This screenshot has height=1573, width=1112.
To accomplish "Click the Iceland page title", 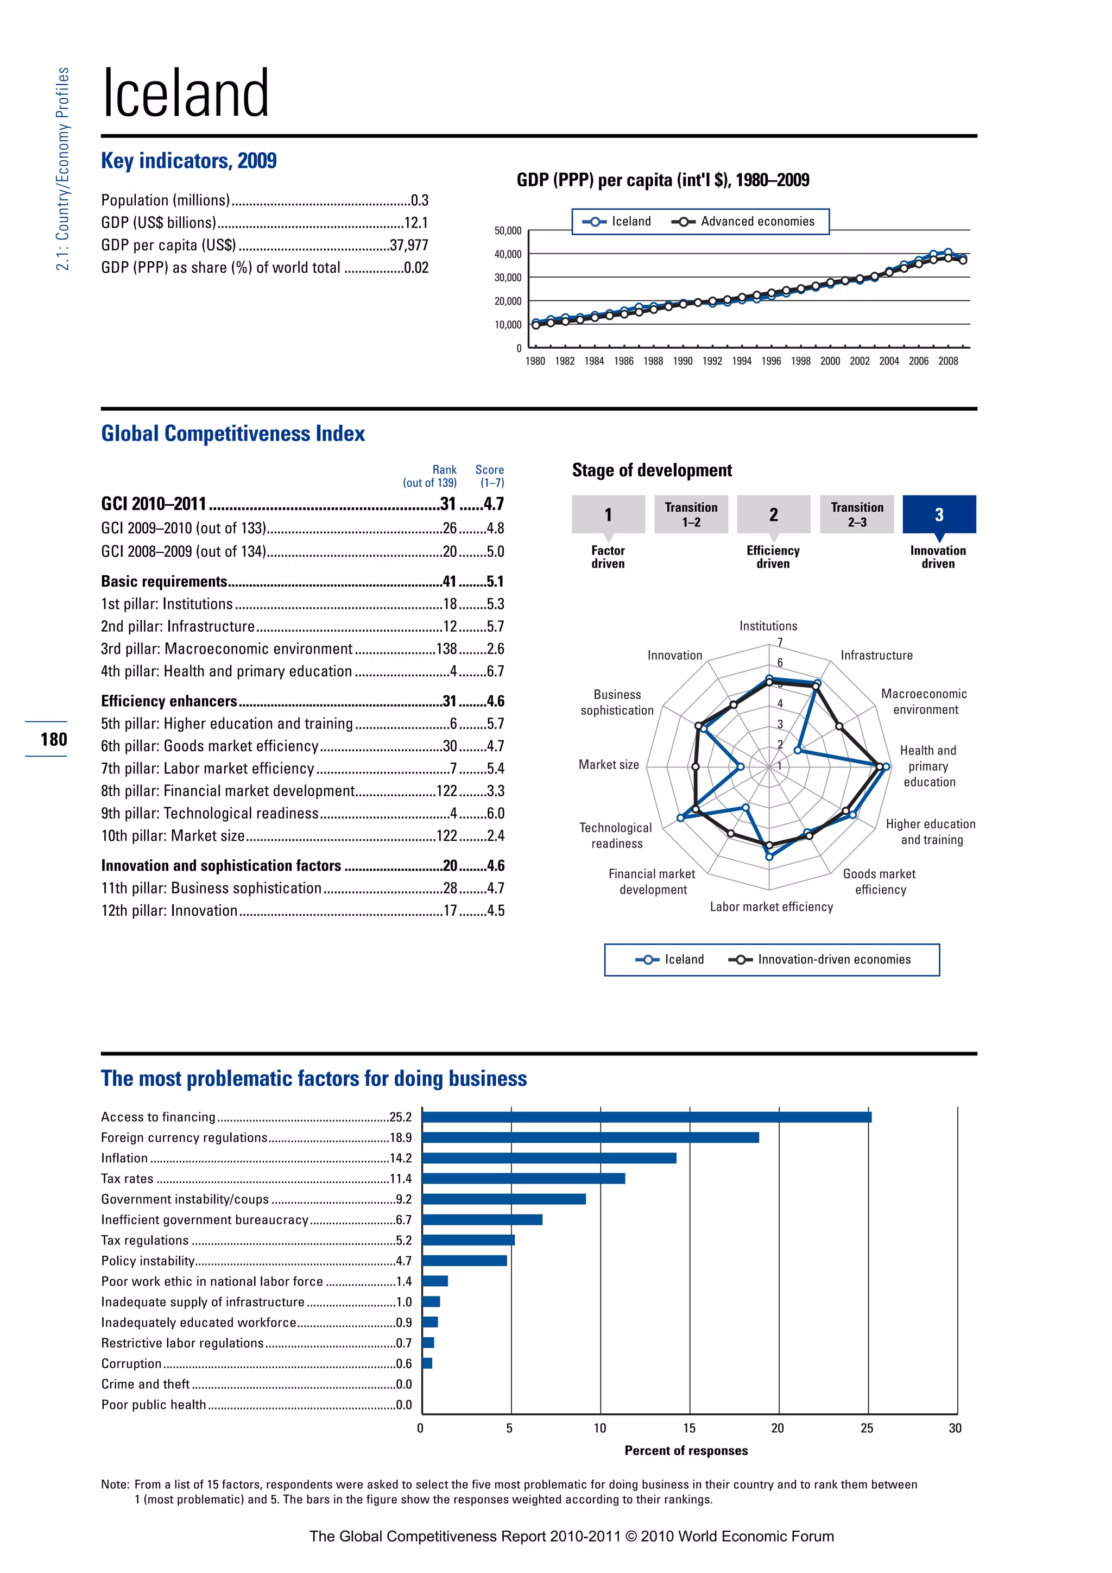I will point(186,94).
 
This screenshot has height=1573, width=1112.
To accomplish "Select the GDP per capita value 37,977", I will point(409,246).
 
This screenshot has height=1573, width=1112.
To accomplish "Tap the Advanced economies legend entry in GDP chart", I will point(744,221).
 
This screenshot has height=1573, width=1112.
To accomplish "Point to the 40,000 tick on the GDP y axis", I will point(508,254).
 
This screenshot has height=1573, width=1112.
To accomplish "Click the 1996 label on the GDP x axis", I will point(771,361).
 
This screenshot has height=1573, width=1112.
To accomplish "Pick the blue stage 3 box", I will point(939,514).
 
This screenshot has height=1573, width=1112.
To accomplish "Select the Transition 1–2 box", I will point(691,514).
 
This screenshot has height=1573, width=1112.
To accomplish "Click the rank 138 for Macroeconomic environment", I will point(446,649).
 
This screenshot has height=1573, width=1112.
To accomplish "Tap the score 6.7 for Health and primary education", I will point(495,671).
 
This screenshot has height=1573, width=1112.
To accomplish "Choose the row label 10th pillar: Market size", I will point(173,836).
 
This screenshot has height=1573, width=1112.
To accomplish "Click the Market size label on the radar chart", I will point(609,765).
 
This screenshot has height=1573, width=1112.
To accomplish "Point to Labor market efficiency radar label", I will point(771,907).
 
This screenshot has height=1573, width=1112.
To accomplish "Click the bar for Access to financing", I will point(646,1117).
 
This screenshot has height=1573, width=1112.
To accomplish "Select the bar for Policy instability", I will point(464,1261).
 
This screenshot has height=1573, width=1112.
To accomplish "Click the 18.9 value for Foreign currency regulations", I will point(401,1137).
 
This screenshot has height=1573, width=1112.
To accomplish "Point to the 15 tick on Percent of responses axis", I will point(689,1428).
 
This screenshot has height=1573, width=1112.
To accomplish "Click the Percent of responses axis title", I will point(686,1450).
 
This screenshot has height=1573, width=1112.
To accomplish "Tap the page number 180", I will point(53,739).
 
